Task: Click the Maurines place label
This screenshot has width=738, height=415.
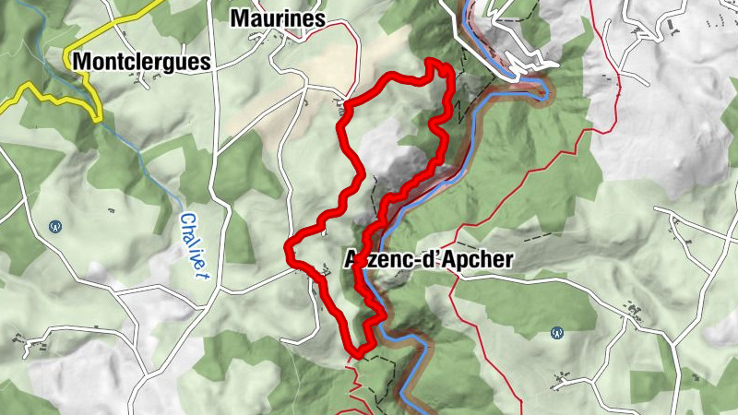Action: (x=278, y=18)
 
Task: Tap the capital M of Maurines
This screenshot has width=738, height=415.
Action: (x=240, y=18)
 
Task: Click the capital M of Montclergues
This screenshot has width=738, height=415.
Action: (x=81, y=63)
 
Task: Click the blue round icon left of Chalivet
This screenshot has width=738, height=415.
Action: (x=55, y=224)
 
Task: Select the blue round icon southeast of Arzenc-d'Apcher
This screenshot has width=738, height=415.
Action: (x=556, y=332)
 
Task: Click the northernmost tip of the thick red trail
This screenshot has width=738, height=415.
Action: (x=434, y=62)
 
